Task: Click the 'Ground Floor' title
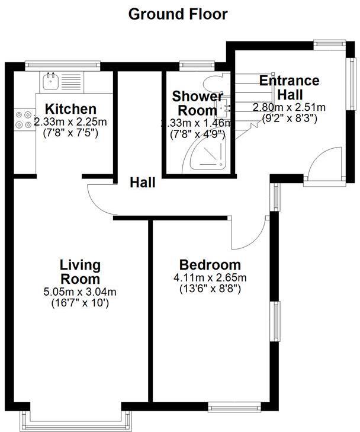click(x=178, y=14)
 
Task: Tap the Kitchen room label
click(x=71, y=109)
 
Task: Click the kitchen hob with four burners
click(x=24, y=119)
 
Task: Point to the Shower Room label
click(x=197, y=103)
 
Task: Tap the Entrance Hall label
click(x=290, y=87)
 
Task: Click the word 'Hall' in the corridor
click(x=143, y=183)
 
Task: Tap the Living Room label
click(x=80, y=271)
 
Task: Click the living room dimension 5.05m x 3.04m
click(x=80, y=291)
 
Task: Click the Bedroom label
click(x=210, y=265)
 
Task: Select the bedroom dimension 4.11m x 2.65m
click(x=210, y=277)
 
